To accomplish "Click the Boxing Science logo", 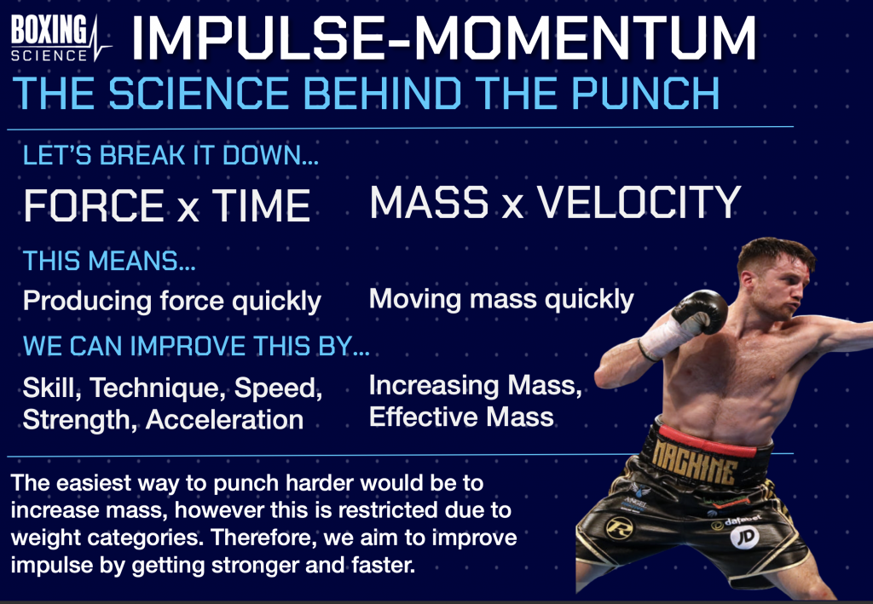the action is point(61,37).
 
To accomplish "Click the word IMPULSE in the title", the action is point(256,37).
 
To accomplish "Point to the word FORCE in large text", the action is point(94,206).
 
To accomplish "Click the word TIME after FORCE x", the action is point(261,206).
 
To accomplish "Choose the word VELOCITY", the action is point(639,202).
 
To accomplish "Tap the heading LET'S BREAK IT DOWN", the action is point(171,155).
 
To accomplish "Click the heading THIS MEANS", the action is point(109,261).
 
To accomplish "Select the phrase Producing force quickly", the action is point(172,302).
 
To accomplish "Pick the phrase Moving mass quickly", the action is point(501,300).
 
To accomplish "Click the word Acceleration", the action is point(224,419).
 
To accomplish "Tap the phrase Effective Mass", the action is point(461,417).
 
